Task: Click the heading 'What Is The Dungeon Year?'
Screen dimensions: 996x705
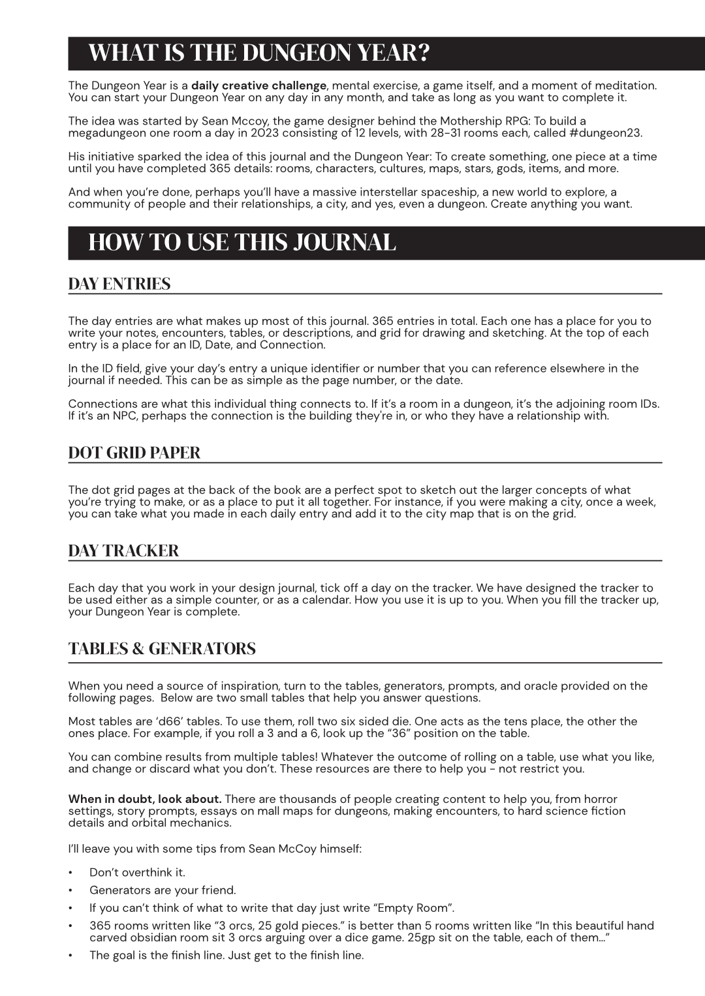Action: click(x=258, y=53)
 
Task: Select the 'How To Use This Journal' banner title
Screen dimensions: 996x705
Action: click(x=242, y=243)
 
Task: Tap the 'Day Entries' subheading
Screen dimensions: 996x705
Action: click(x=119, y=284)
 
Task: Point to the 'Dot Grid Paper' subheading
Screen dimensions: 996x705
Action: click(x=134, y=453)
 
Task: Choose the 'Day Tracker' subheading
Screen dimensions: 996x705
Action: click(x=123, y=551)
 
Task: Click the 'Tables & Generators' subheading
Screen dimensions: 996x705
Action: click(x=162, y=648)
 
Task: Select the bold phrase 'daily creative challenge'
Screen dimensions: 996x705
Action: click(x=258, y=85)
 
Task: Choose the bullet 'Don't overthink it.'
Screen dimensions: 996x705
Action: click(x=137, y=873)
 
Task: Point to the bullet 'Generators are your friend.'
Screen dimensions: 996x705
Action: click(x=163, y=890)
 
